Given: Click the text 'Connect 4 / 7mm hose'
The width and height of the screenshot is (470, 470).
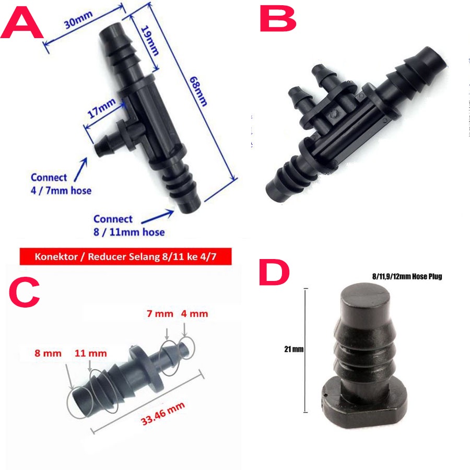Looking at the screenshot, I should [61, 184].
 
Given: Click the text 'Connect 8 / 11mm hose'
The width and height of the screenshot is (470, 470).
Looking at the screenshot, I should [128, 225].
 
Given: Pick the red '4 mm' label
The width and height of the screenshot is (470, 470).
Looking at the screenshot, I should [194, 314].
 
